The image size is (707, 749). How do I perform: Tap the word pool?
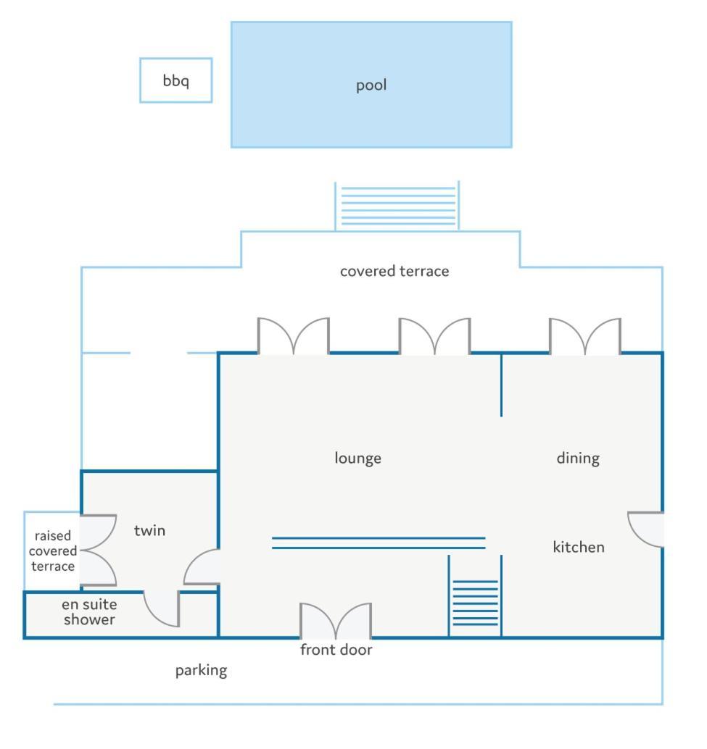[371, 85]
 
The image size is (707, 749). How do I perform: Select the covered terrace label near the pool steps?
[394, 272]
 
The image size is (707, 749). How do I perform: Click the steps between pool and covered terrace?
[397, 206]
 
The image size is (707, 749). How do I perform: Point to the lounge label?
[357, 458]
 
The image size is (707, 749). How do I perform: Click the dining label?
[578, 459]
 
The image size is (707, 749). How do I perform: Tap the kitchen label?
[579, 547]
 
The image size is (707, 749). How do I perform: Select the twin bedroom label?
[149, 531]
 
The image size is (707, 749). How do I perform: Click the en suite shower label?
[89, 612]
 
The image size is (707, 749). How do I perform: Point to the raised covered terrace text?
[53, 551]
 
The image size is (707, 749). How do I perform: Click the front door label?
[336, 650]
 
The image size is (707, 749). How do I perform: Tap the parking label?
[202, 671]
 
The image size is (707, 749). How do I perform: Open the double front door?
[336, 621]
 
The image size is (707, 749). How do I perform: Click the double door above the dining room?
[585, 336]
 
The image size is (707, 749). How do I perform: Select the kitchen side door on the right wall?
[645, 530]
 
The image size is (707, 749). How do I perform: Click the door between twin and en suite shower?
[162, 608]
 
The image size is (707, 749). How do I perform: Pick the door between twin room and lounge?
[202, 566]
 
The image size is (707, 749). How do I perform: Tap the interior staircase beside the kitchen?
[475, 603]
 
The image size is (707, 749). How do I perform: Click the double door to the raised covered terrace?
[98, 551]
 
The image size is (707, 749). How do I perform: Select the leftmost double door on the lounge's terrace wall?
[294, 336]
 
